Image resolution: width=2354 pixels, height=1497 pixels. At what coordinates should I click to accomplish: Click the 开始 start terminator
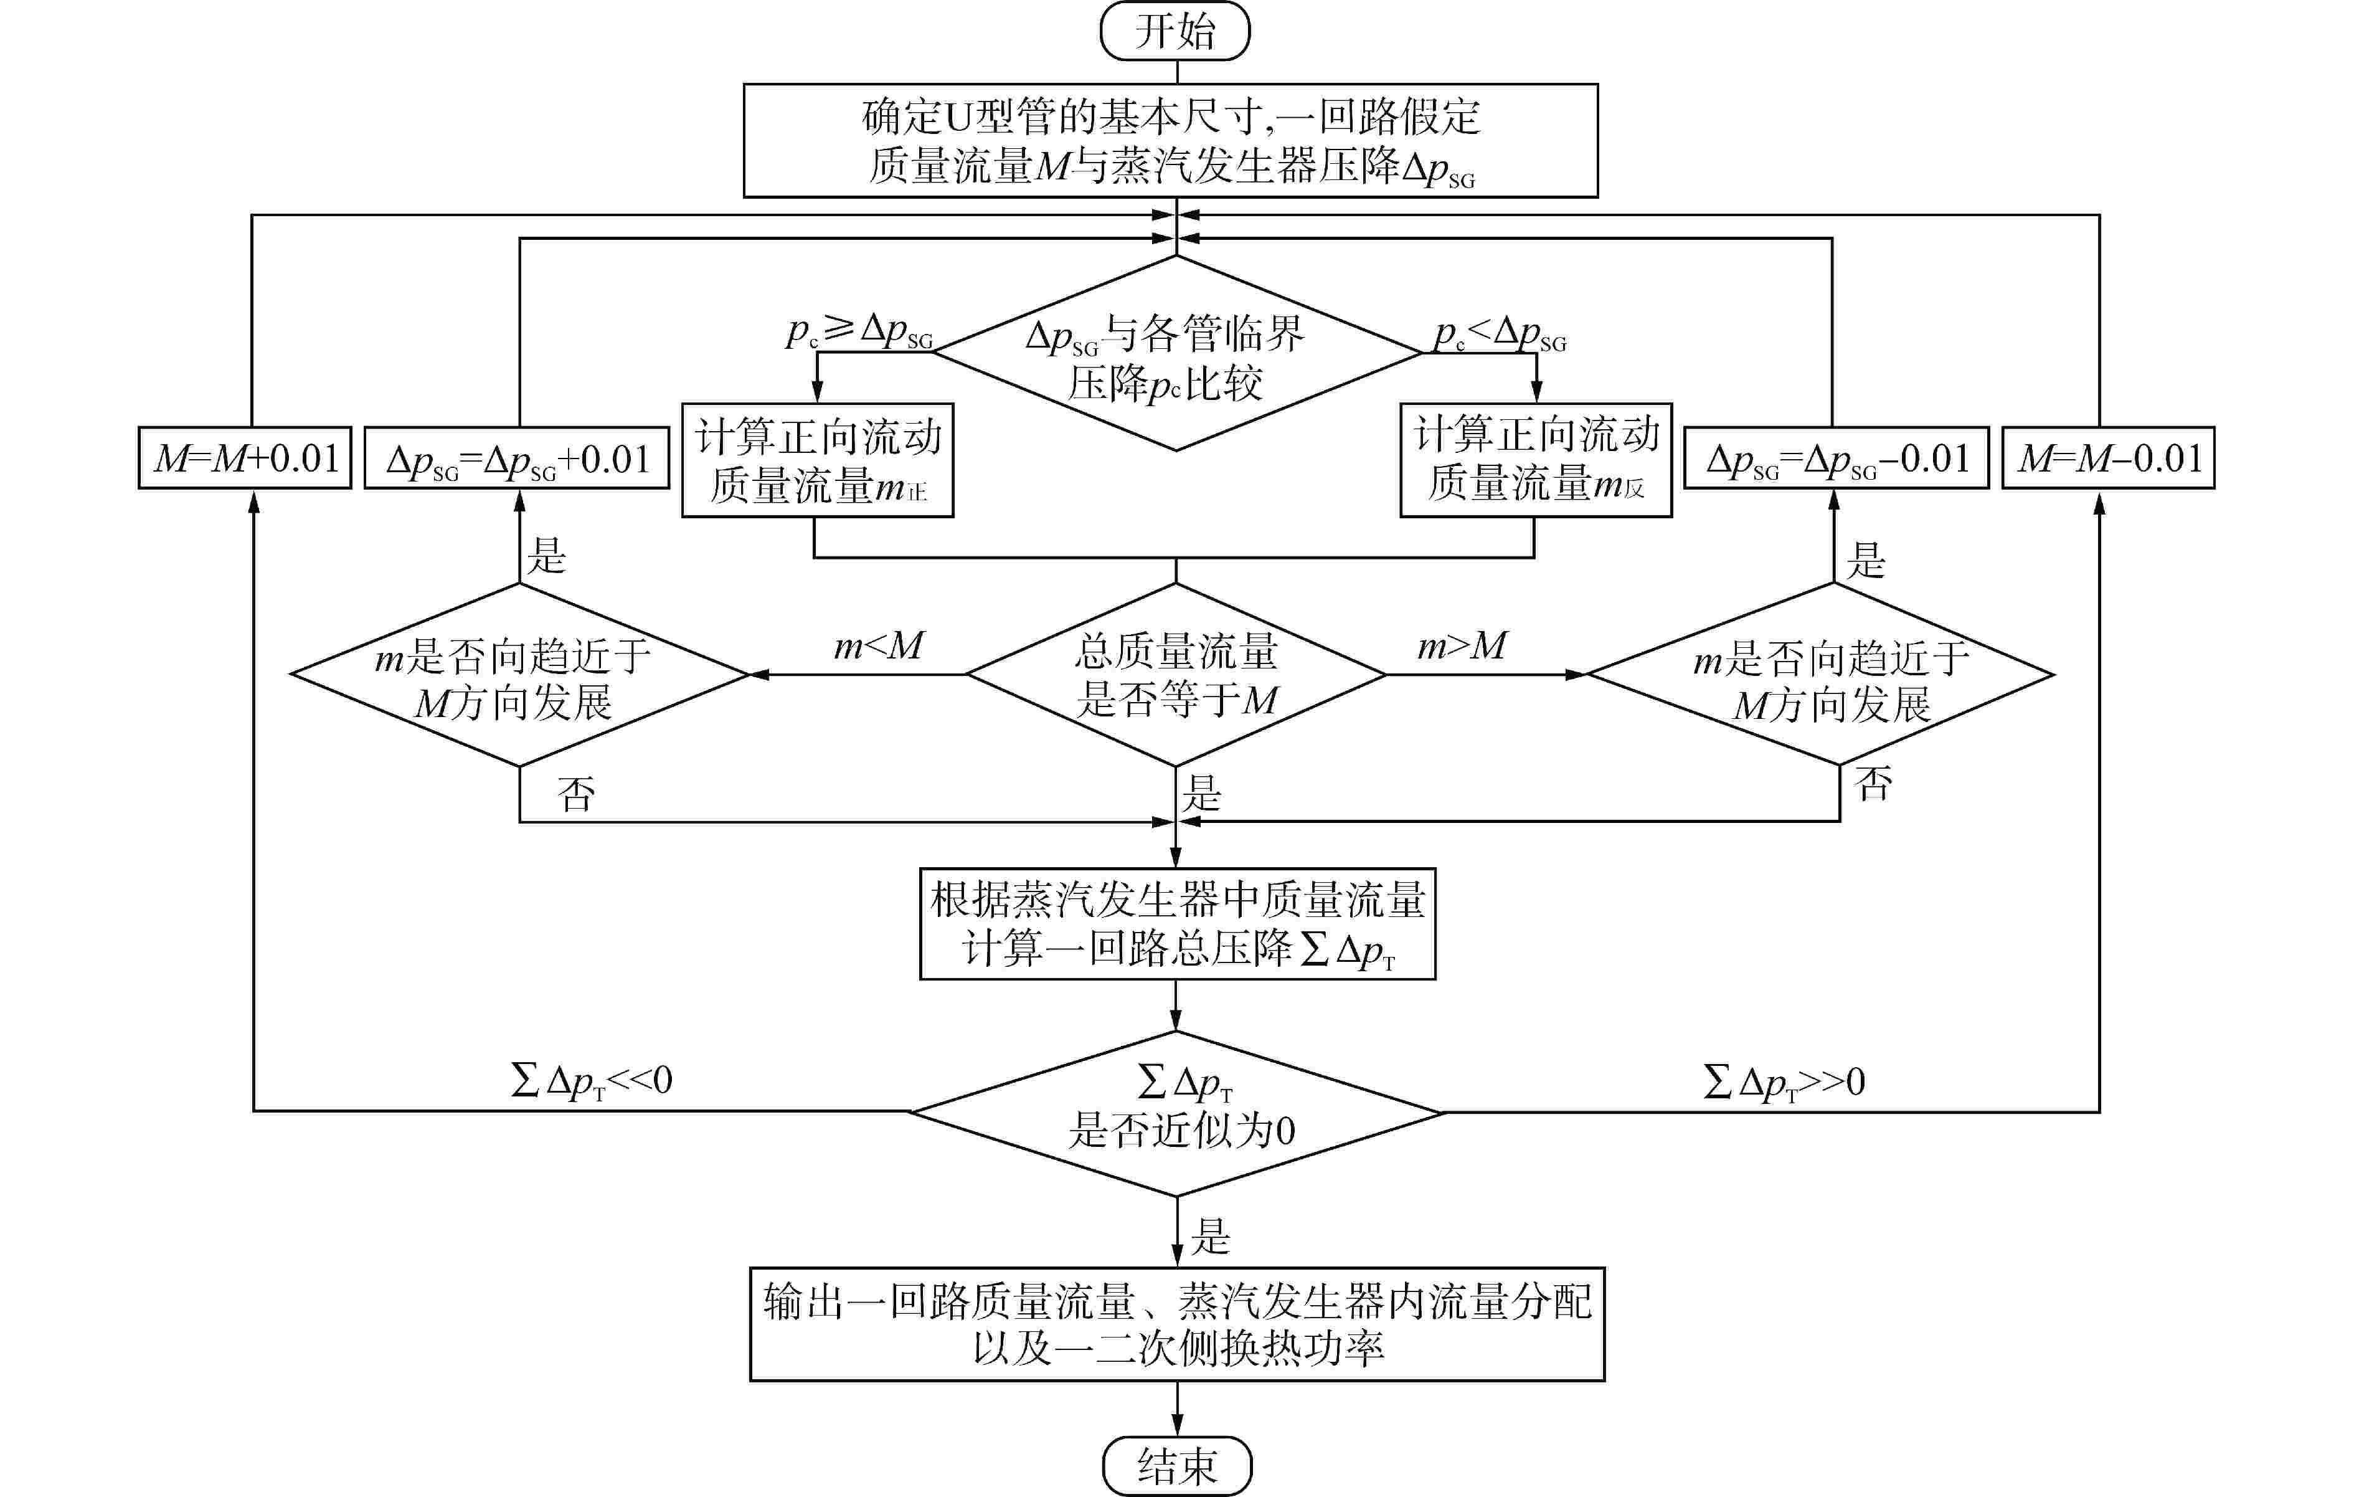(x=1175, y=31)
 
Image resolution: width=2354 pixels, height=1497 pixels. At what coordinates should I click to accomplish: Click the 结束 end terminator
(x=1177, y=1465)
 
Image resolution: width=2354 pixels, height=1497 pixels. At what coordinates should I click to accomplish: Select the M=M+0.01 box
(x=245, y=458)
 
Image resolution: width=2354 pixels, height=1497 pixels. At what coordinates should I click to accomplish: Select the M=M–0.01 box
(x=2109, y=458)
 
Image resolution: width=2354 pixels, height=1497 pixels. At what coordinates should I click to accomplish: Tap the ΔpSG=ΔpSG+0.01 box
(x=517, y=459)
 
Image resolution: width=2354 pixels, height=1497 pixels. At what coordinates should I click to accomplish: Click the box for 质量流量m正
(x=817, y=460)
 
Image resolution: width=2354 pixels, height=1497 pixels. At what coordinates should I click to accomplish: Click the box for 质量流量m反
(x=1536, y=460)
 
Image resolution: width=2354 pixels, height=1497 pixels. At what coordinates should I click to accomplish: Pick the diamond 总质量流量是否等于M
(x=1176, y=675)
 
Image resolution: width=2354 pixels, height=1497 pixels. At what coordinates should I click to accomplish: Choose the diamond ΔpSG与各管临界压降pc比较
(x=1176, y=354)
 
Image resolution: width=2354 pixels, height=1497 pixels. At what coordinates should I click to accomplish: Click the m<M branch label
(x=878, y=646)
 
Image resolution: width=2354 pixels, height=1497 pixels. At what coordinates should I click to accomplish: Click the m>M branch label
(x=1462, y=646)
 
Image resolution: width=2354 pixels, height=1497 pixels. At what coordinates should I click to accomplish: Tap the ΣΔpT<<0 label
(x=592, y=1080)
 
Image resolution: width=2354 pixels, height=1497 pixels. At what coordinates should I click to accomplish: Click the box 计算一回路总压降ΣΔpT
(x=1177, y=924)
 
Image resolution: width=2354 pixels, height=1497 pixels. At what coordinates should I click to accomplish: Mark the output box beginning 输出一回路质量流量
(x=1177, y=1324)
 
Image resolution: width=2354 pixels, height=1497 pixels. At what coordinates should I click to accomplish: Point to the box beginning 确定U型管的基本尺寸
(x=1170, y=141)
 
